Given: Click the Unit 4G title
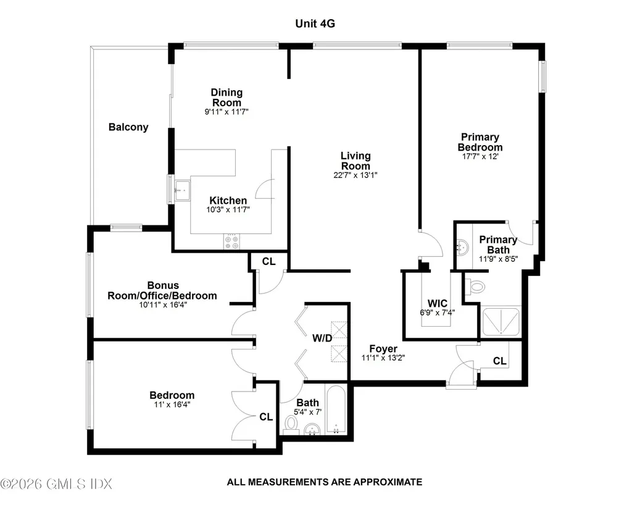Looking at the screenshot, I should [x=315, y=23].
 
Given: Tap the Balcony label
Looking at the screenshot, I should [x=128, y=127].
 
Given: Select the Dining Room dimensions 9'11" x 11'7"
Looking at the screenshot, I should [x=227, y=112].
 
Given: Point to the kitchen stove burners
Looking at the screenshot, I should [x=232, y=241].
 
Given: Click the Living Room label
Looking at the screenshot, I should [x=355, y=161].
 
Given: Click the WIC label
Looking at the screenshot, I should [x=437, y=303].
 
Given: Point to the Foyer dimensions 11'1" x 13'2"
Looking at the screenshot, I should [x=383, y=358].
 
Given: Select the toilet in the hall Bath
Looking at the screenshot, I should [x=291, y=425].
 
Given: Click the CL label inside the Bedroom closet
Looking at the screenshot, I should [x=265, y=417].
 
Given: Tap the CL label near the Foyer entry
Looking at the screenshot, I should [x=500, y=361].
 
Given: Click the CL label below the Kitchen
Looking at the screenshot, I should [x=268, y=261].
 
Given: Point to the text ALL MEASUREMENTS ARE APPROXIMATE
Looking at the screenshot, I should [x=324, y=482].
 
